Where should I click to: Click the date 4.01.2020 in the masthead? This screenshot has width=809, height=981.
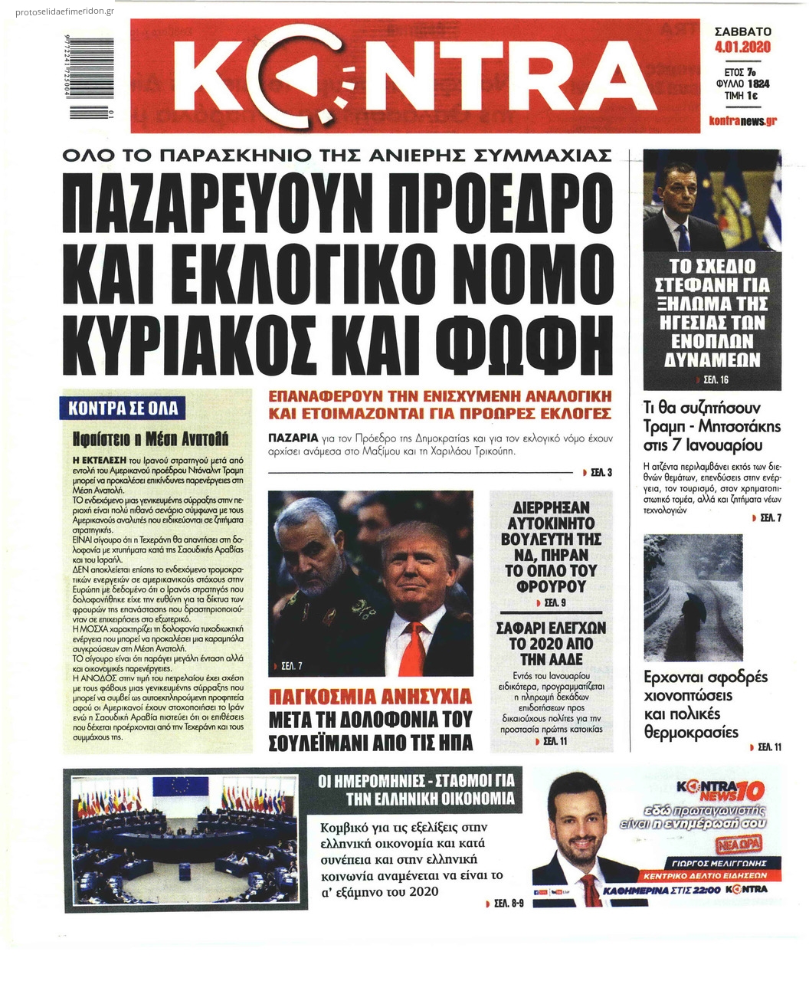742,48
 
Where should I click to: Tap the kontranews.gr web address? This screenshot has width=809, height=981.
742,121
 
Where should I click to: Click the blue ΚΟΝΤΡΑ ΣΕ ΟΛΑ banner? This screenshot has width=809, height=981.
123,407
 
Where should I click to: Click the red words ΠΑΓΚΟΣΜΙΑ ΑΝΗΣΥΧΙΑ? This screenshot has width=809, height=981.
371,697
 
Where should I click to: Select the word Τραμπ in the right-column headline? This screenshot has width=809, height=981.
671,426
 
